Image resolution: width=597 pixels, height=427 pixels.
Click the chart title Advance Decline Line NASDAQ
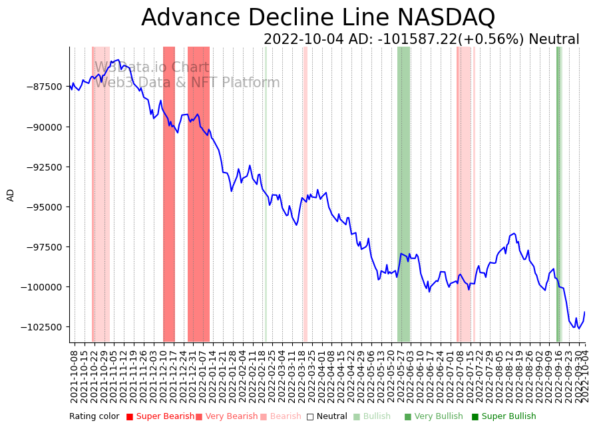click(318, 17)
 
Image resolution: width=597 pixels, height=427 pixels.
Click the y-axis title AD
click(11, 195)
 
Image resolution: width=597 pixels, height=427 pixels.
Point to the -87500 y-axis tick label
click(43, 87)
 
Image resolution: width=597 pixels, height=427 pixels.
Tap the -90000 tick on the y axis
click(43, 127)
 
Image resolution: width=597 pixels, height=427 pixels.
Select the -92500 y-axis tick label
click(43, 167)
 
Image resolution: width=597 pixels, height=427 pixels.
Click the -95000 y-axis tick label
click(43, 207)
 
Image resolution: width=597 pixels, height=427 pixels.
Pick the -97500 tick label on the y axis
click(43, 246)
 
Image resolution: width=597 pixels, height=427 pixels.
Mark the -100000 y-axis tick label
click(41, 287)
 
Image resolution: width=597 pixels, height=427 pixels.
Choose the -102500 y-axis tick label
click(41, 327)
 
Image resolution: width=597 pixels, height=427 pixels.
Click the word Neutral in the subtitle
click(554, 39)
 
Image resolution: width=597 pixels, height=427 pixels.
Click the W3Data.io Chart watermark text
click(151, 67)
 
